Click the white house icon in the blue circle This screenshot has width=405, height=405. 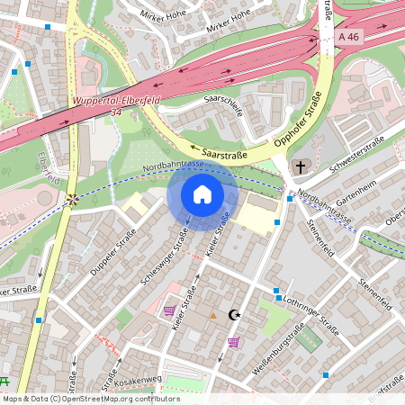202,193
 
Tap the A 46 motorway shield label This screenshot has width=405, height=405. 351,36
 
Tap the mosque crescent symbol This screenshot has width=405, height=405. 235,315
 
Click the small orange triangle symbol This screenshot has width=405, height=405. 212,316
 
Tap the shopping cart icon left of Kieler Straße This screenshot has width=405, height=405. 169,310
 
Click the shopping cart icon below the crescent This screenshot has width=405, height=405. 234,342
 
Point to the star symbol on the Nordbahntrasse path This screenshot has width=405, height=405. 71,199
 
